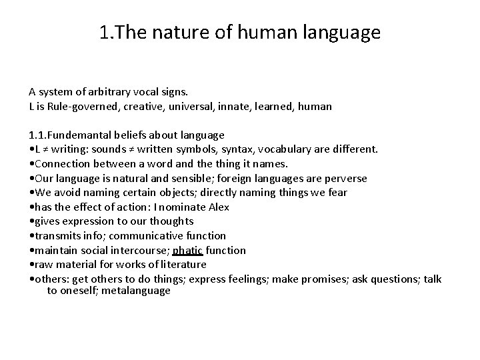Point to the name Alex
click(219, 207)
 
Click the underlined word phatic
click(187, 250)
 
